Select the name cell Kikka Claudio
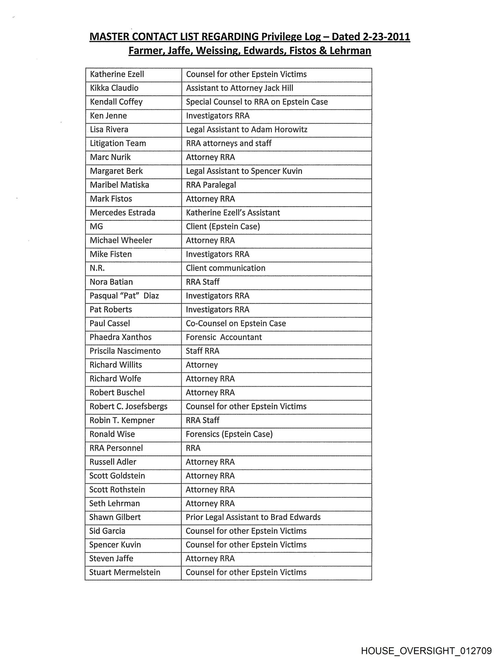[114, 88]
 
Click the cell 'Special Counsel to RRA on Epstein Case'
[257, 102]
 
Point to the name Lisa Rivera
[109, 130]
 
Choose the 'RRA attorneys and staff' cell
[228, 143]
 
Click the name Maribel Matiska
[119, 185]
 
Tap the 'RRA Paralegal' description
[211, 185]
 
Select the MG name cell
[96, 227]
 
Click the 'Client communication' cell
[225, 268]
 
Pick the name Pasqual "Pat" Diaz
[124, 296]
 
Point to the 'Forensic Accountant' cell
[224, 337]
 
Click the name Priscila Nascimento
[125, 351]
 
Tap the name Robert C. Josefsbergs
[128, 406]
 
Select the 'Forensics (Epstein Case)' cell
[229, 434]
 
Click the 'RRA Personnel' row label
[116, 448]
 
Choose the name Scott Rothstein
[117, 489]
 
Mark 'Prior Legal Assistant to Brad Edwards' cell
[253, 517]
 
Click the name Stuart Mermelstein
[125, 573]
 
